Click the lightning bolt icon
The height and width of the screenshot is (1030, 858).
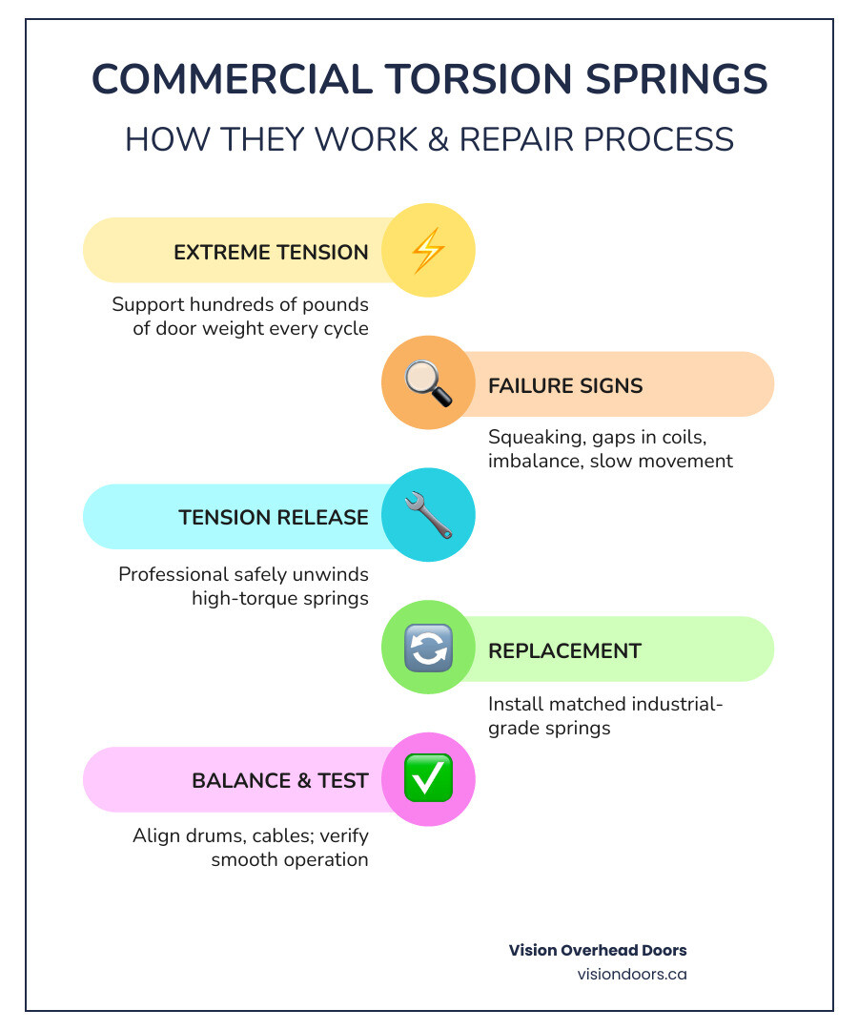428,251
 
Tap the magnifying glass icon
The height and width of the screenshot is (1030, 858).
428,384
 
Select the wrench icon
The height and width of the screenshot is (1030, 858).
428,516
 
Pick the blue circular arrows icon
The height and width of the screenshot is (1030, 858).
428,649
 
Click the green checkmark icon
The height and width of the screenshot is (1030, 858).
428,779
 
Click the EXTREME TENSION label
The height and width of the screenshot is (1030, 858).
271,253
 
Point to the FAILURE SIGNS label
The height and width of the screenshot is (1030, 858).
565,386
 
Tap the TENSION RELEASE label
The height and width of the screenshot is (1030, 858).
274,518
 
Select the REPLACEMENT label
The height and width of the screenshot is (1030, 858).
565,651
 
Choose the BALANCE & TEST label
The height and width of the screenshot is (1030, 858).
280,781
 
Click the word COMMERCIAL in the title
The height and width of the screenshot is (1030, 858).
233,80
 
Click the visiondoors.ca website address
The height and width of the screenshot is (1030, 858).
631,975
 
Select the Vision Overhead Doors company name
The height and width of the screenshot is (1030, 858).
598,951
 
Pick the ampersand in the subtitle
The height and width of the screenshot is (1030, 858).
436,139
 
